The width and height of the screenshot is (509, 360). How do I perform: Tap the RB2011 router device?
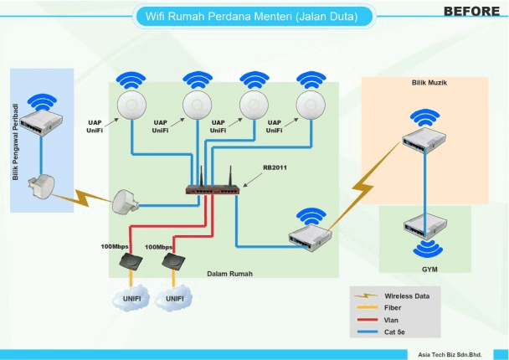213,188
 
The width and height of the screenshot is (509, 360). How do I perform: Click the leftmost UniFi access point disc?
132,106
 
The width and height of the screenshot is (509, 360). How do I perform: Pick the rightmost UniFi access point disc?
311,106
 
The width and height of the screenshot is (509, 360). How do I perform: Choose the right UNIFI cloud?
174,298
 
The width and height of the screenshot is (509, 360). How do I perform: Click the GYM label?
429,269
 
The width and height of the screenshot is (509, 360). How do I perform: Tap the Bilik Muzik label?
427,85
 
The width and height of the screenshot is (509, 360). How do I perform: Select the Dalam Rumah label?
229,274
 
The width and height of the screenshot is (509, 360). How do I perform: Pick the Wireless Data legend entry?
407,296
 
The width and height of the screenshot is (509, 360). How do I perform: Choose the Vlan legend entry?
391,319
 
